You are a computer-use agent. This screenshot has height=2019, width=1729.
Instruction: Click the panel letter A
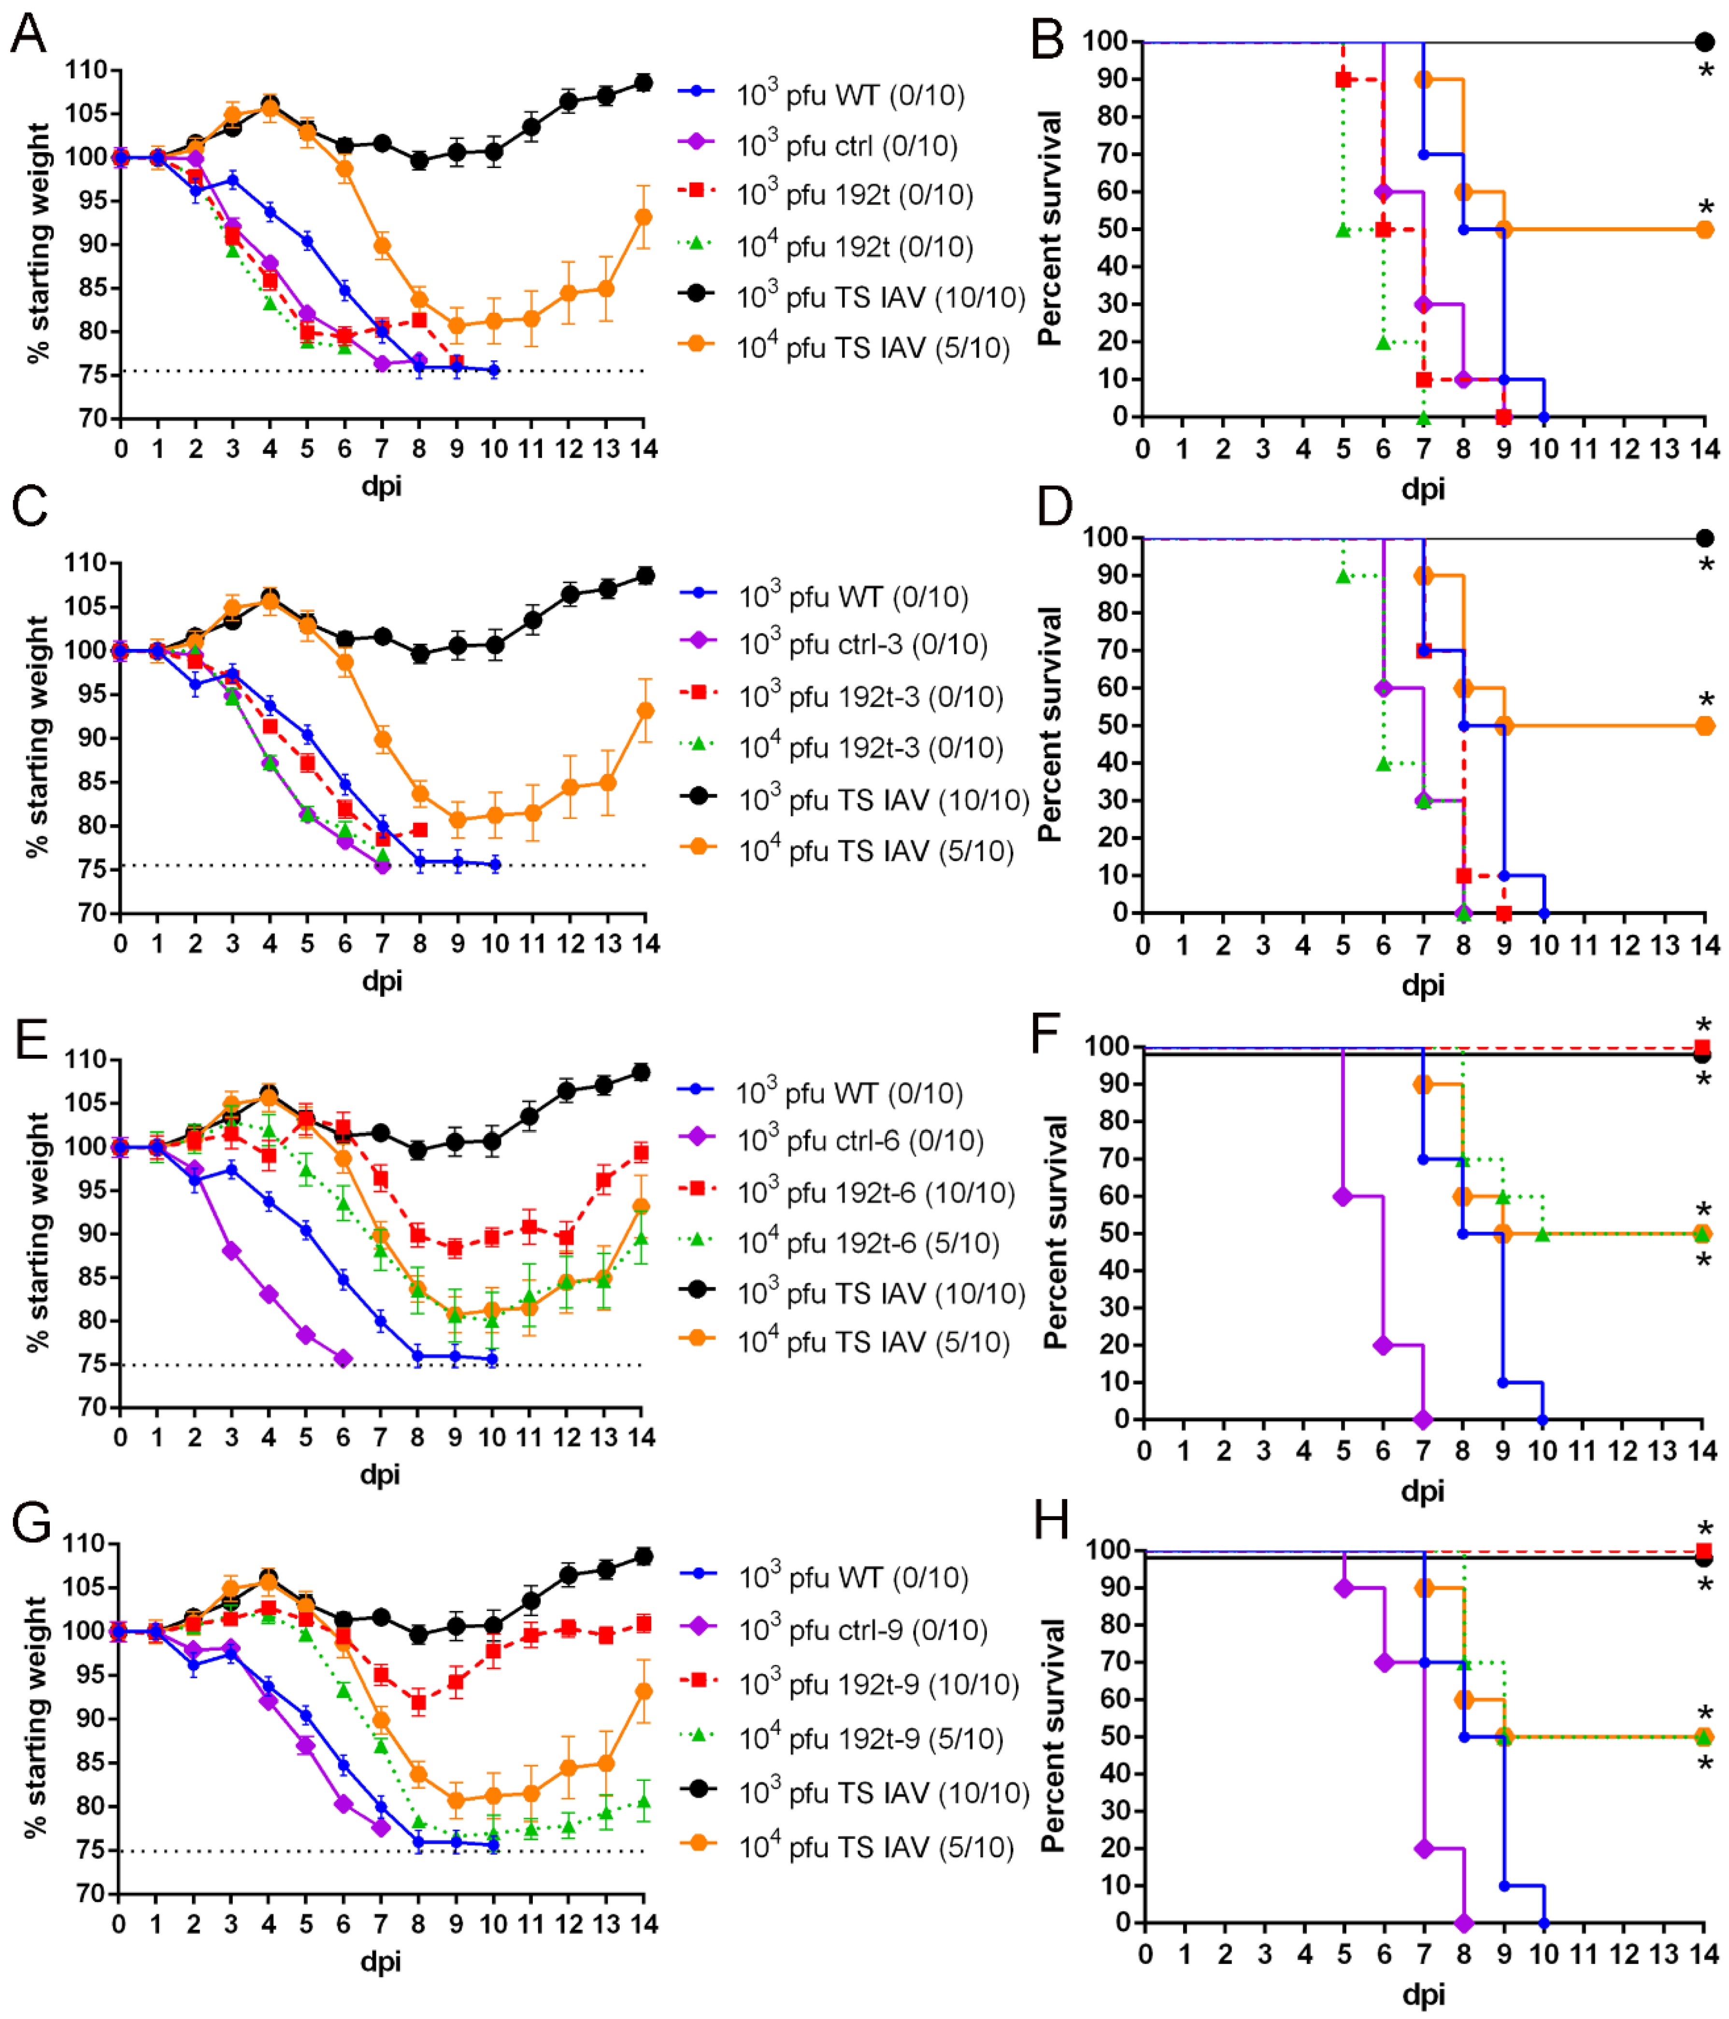tap(29, 34)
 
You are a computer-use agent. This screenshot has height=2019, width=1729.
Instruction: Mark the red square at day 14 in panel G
tap(643, 1624)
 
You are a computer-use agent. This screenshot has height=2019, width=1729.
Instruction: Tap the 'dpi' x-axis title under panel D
tap(1423, 984)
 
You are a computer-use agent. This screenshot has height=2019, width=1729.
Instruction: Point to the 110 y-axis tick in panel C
tap(86, 563)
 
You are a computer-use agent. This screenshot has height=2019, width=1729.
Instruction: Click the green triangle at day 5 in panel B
tap(1343, 230)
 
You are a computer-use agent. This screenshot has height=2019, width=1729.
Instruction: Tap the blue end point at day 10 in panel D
tap(1544, 913)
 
